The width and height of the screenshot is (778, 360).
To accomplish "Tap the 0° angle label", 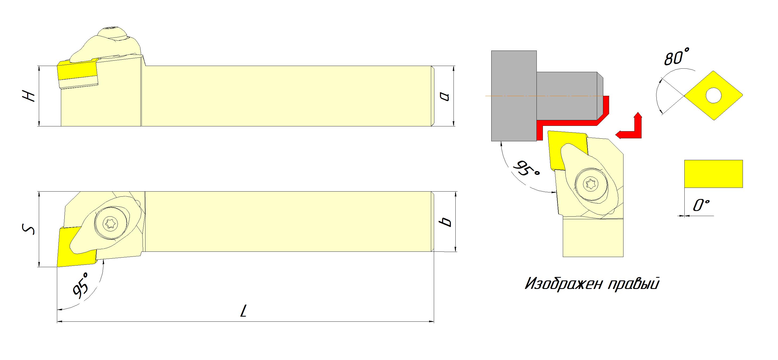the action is [x=701, y=205].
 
